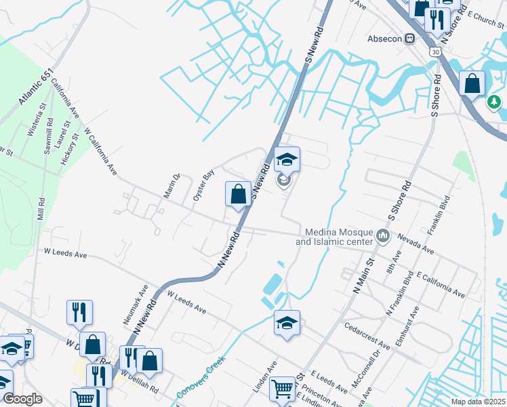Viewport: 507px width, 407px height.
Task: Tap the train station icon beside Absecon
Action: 409,39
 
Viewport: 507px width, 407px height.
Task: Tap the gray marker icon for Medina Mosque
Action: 383,236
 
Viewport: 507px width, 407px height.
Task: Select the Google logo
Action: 22,399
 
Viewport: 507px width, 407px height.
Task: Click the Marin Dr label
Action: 172,187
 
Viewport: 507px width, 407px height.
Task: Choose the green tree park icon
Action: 495,102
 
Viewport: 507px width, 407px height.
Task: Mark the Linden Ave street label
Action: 266,374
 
